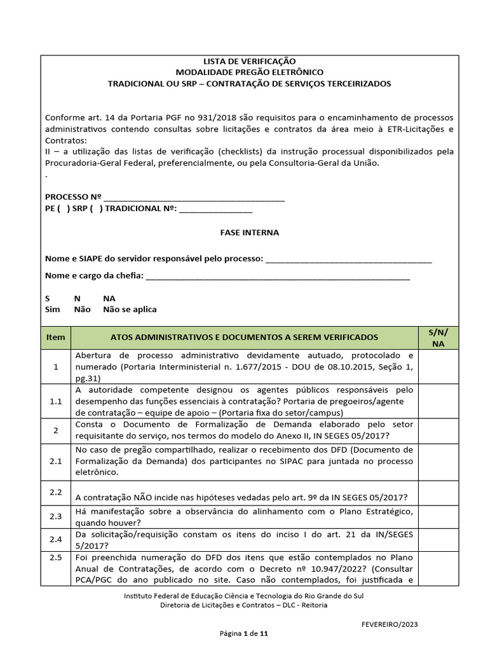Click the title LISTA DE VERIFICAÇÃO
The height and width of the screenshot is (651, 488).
coord(249,61)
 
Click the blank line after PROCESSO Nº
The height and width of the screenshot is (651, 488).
coord(194,198)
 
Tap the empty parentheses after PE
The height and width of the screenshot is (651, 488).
coord(64,209)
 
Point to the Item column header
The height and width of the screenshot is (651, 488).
coord(56,337)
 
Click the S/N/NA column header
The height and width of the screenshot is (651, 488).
coord(438,337)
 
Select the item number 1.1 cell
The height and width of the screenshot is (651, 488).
coord(56,401)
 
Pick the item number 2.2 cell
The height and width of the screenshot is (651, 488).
coord(56,492)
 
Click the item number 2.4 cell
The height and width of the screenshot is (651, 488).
coord(56,539)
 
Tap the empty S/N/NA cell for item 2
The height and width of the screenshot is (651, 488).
coord(438,430)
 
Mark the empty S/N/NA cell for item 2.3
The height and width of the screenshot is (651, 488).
coord(438,517)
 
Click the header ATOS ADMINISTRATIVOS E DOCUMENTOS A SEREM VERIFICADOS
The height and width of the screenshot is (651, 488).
coord(244,337)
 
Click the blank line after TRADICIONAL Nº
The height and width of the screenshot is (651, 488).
coord(216,209)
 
